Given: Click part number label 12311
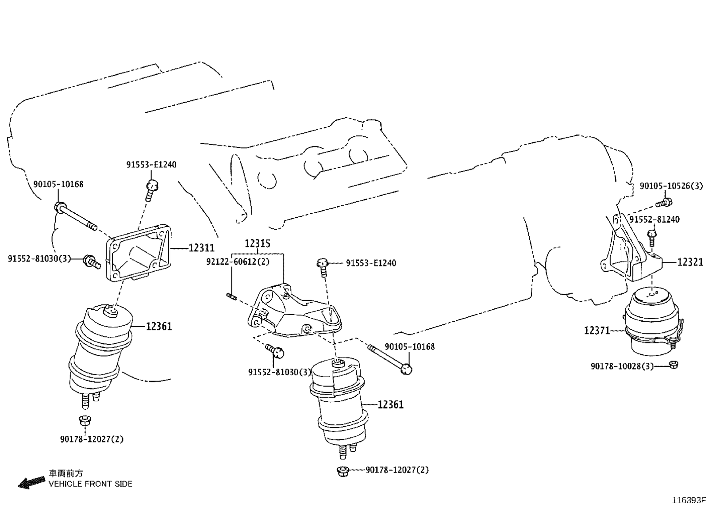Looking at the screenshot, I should coord(201,248).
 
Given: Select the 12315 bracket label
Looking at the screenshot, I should coord(258,244).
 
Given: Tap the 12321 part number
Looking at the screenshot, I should coord(690,262).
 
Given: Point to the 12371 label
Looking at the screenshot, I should coord(597,331).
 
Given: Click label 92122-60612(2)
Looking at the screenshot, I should coord(238,262).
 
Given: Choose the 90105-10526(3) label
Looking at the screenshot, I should coord(671,186).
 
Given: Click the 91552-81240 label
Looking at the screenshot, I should coord(654,219).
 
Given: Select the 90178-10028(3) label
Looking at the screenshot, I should coord(622,366).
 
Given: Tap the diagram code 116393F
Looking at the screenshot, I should coord(689,500).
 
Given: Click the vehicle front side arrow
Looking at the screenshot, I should coord(31,482).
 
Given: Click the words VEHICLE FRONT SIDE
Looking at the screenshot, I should coord(90,484).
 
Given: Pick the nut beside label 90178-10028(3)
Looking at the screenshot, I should coord(673,365).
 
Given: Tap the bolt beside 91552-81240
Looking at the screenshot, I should coord(651,237).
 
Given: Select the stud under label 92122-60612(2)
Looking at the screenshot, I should coord(232,296).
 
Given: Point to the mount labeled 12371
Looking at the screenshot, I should coord(652,321).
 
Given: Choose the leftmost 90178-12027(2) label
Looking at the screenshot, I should coord(92,439).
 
